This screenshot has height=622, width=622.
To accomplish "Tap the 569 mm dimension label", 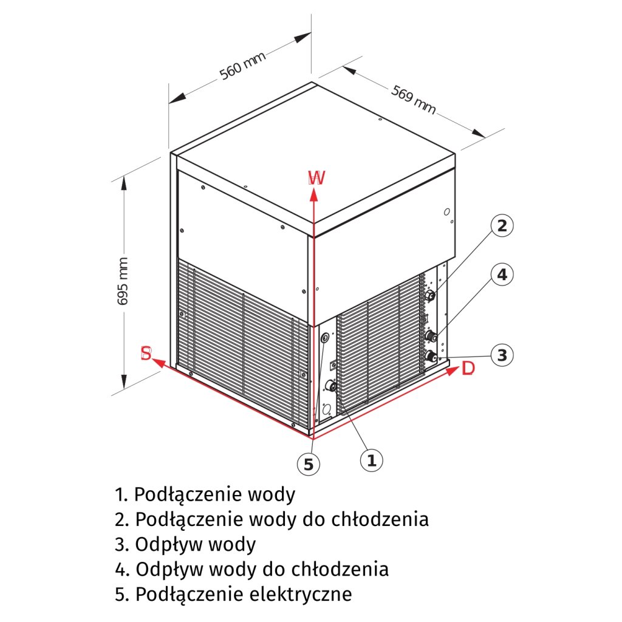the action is (414, 99).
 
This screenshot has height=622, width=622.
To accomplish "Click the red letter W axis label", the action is (316, 177).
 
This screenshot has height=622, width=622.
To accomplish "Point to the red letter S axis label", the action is (146, 354).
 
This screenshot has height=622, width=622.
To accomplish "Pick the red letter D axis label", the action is (467, 369).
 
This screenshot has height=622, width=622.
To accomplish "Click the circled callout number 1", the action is (372, 460).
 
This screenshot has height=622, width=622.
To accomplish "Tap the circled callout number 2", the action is (502, 226).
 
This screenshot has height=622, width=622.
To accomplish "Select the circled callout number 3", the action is (502, 355).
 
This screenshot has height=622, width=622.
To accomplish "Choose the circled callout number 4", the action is (502, 275).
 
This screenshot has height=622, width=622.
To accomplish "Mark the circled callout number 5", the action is (309, 465).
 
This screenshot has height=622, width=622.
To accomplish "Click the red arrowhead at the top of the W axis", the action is (313, 194).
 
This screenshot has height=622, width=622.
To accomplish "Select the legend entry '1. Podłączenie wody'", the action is (205, 494).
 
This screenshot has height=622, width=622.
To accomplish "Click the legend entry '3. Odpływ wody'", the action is (185, 544).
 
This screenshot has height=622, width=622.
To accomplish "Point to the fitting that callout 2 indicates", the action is (431, 296).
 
